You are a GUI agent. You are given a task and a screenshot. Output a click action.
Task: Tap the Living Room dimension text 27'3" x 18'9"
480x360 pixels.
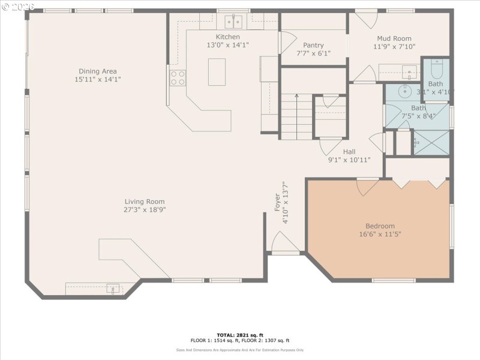(145, 210)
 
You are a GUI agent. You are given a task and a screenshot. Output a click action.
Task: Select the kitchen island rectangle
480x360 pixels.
(217, 72)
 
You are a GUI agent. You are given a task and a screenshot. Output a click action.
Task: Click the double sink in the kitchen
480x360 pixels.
(233, 22)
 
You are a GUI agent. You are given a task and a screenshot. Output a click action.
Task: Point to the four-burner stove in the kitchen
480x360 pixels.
(178, 78)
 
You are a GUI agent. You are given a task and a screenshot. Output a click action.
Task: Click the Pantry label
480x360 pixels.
(313, 45)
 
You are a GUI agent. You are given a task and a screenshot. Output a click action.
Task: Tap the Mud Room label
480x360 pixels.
(394, 38)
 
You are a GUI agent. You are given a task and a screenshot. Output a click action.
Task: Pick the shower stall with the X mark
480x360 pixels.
(431, 143)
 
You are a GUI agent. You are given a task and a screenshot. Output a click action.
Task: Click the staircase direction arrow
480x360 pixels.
(296, 96)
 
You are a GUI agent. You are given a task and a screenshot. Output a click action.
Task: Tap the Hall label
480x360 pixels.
(349, 152)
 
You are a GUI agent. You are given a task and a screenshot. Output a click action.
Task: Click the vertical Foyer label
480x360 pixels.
(277, 202)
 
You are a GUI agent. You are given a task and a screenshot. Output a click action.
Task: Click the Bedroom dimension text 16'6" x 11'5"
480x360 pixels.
(380, 234)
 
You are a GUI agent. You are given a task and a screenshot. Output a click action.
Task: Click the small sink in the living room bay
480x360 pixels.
(112, 289)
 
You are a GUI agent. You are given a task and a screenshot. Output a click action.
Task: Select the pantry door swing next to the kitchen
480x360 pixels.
(287, 42)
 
